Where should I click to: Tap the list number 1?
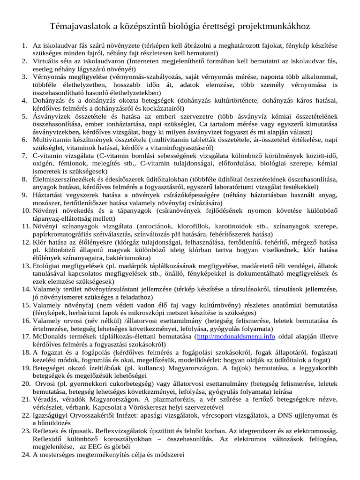(x=24, y=46)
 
